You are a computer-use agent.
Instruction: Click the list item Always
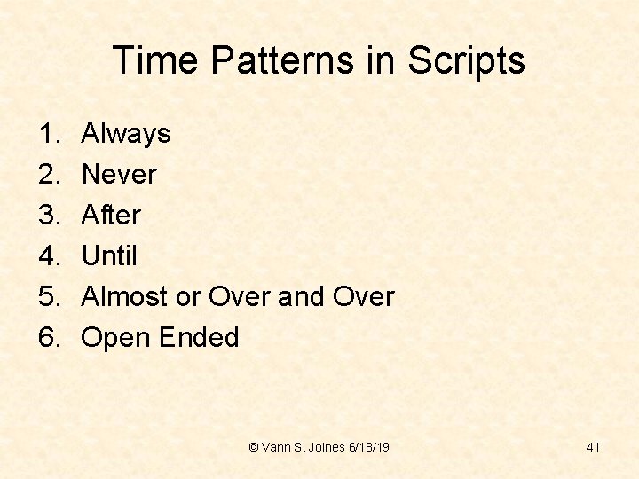click(125, 134)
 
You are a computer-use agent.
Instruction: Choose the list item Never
click(118, 175)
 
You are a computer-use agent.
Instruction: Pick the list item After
click(110, 216)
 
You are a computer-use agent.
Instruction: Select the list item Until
click(109, 256)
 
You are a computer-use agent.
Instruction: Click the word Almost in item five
click(124, 297)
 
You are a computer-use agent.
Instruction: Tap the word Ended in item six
click(200, 338)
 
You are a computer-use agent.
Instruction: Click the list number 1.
click(48, 134)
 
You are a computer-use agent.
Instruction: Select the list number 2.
click(48, 175)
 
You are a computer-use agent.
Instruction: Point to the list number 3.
click(48, 216)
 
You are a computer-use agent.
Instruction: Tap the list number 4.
click(48, 256)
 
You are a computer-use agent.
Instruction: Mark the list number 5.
click(48, 297)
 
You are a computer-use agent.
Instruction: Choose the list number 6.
click(48, 338)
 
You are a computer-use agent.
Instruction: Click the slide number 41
click(593, 447)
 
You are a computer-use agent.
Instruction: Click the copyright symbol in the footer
click(255, 447)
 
